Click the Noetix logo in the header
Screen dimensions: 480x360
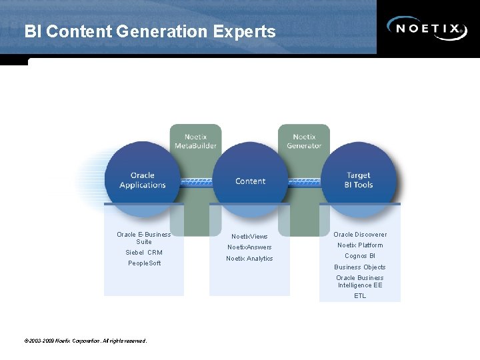tap(427, 28)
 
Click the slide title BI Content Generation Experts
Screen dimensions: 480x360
tap(149, 31)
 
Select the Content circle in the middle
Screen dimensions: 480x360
tap(250, 181)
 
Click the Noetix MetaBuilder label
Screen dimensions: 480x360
tap(195, 141)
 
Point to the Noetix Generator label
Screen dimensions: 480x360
tap(304, 141)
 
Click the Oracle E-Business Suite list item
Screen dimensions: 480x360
tap(143, 238)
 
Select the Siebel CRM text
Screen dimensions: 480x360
tap(144, 253)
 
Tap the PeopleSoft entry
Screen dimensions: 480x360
tap(144, 263)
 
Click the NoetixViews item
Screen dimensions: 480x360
tap(249, 237)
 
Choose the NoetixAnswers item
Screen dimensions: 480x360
tap(249, 247)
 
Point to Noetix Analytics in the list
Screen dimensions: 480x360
tap(249, 259)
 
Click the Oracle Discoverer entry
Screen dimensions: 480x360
tap(360, 235)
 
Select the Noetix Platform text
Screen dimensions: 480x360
tap(360, 245)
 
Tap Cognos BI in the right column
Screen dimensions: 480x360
tap(360, 256)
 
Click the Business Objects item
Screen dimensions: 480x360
tap(360, 267)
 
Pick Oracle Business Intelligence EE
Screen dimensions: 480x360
tap(360, 281)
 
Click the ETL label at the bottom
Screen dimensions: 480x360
tap(360, 295)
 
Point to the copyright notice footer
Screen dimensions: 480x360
tap(85, 341)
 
